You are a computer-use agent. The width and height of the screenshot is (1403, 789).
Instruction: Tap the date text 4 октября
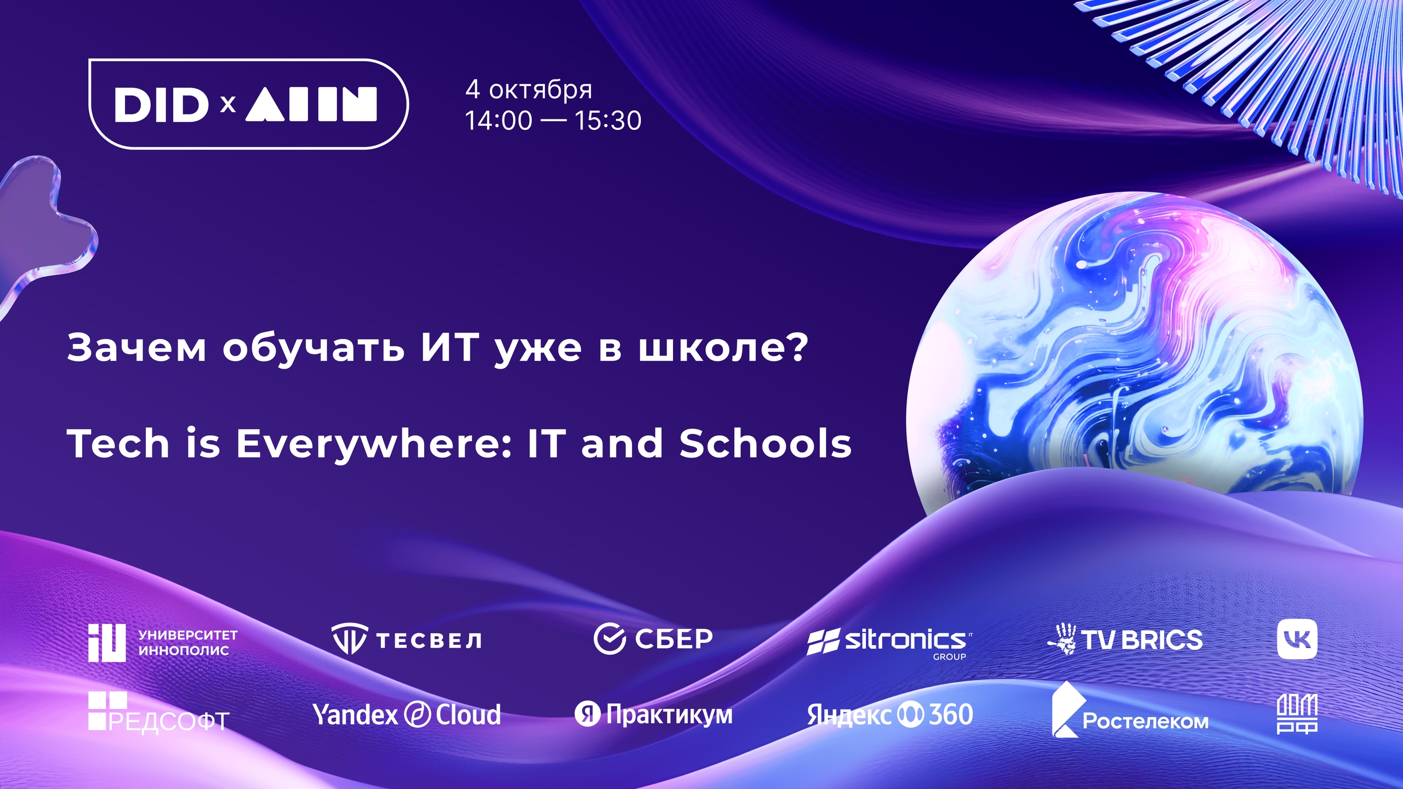pos(529,89)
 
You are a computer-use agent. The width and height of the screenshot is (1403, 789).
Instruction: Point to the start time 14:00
pos(499,121)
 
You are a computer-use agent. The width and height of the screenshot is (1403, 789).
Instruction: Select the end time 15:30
pos(608,121)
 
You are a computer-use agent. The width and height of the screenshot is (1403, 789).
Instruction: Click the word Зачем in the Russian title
pos(136,348)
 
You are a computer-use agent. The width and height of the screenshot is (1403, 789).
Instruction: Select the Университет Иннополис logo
pos(163,642)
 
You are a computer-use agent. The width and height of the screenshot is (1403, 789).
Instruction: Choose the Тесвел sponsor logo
pos(407,639)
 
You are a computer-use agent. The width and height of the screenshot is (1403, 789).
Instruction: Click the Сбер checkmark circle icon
pos(609,639)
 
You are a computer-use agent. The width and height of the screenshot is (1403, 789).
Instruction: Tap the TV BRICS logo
pos(1125,639)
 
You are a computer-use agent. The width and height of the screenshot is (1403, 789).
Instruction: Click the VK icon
pos(1297,639)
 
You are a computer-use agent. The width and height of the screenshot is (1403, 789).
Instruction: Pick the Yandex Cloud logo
pos(407,714)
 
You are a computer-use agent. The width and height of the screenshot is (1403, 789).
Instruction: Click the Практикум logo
pos(653,714)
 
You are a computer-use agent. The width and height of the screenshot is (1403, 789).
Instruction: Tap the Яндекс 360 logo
pos(890,715)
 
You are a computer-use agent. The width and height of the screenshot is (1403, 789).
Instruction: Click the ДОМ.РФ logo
pos(1297,713)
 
